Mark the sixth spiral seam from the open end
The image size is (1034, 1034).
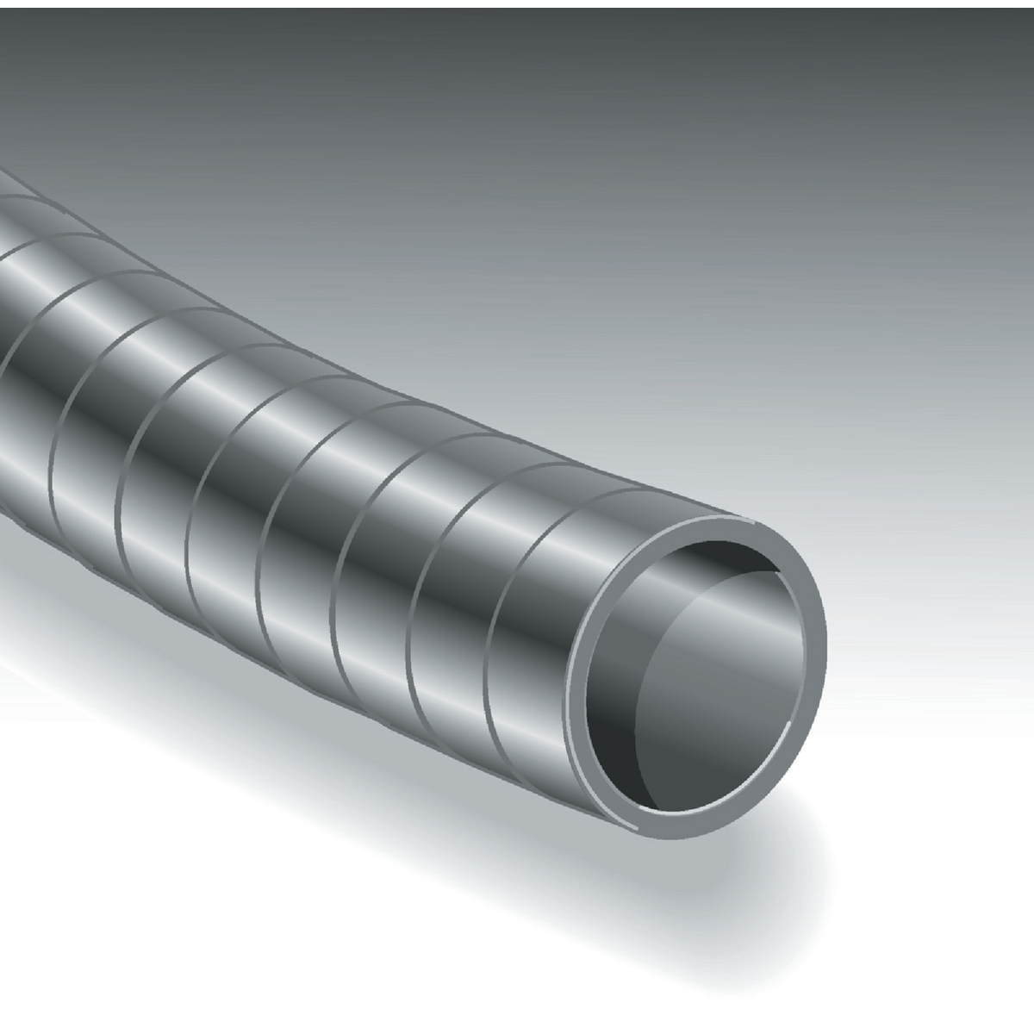pyautogui.click(x=121, y=483)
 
